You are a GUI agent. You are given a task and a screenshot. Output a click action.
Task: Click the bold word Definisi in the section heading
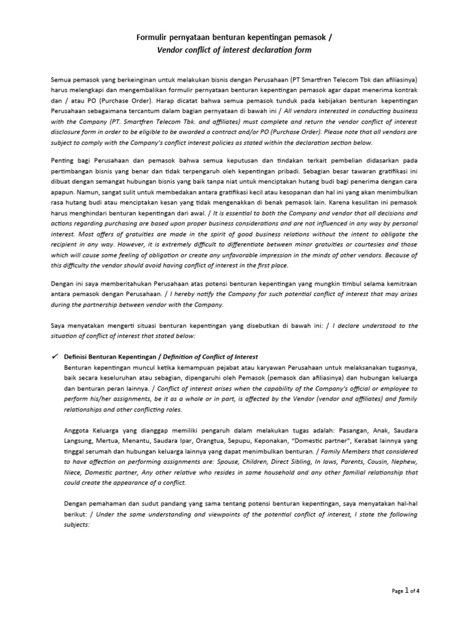[x=78, y=357]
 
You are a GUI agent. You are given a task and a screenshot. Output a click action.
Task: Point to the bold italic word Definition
[x=178, y=357]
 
